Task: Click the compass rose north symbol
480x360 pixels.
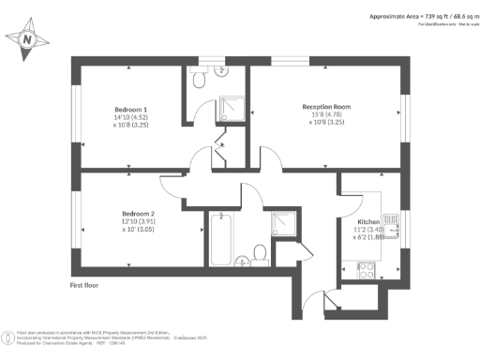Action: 27,40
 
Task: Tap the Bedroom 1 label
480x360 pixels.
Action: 124,108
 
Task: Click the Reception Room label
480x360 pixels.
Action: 326,107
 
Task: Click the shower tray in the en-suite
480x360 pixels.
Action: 232,109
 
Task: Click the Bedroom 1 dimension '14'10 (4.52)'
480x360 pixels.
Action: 125,116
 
